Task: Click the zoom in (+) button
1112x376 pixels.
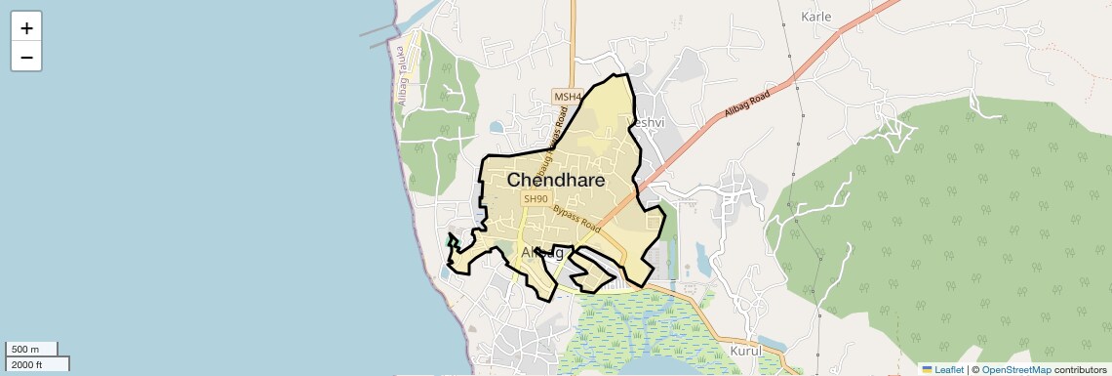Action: coord(26,28)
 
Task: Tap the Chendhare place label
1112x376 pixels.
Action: coord(556,181)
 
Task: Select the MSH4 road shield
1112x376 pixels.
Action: coord(567,97)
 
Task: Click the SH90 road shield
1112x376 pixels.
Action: coord(535,199)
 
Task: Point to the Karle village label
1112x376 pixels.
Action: coord(815,17)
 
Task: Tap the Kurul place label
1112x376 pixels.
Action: coord(744,350)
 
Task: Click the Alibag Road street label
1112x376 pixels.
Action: coord(747,104)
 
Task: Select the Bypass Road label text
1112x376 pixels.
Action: coord(576,217)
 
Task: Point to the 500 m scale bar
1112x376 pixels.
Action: coord(31,349)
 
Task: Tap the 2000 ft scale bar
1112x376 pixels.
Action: coord(37,364)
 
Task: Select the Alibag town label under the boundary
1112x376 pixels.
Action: coord(542,253)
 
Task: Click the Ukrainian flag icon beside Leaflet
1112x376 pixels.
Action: coord(927,370)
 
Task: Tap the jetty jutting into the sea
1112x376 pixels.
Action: coord(379,36)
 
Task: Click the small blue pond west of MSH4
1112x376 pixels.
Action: coord(497,127)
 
